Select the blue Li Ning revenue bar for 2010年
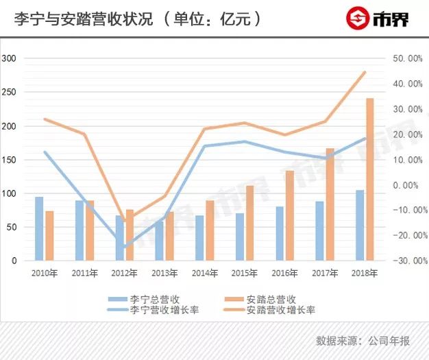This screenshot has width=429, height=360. pos(39,228)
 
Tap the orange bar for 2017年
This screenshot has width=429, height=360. pos(330,204)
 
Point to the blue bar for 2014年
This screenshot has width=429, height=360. pos(199,238)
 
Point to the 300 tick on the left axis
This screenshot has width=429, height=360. pos(9,59)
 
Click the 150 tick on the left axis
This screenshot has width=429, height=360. pos(9,160)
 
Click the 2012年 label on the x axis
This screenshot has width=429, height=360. pos(124,273)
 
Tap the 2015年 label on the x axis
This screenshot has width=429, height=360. pos(244,273)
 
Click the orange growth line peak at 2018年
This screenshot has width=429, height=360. pos(365,72)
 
